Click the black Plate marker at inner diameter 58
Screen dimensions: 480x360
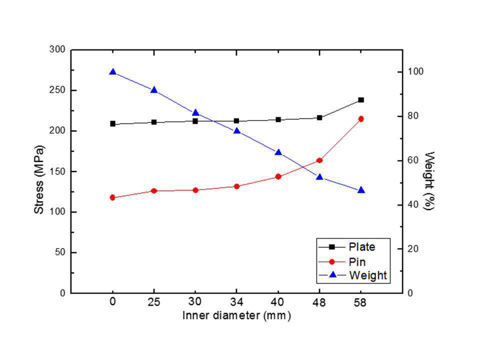(x=361, y=100)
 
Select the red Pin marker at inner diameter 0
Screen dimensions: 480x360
(x=112, y=197)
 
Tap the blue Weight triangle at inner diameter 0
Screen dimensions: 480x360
(x=112, y=72)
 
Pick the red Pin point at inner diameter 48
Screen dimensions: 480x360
(x=319, y=160)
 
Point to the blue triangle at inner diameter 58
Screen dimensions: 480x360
(x=361, y=190)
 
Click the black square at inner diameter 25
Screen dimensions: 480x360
(x=154, y=122)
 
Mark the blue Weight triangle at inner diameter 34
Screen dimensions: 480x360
(x=236, y=130)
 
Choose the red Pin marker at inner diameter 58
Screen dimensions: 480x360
(x=361, y=119)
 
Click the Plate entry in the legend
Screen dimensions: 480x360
(x=362, y=247)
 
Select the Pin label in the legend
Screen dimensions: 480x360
(x=357, y=261)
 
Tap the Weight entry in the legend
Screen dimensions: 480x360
(x=368, y=275)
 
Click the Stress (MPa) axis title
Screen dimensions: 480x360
(x=39, y=179)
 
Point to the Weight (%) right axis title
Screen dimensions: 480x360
(x=429, y=181)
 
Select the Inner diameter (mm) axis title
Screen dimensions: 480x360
(x=236, y=315)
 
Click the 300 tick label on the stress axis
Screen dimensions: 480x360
(x=57, y=49)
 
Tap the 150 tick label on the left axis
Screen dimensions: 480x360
(x=57, y=171)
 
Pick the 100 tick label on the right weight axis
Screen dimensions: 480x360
(x=415, y=71)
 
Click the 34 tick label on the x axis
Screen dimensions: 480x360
(x=236, y=302)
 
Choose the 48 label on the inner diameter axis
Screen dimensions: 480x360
(x=319, y=302)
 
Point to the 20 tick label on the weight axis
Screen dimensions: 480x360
(x=413, y=249)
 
